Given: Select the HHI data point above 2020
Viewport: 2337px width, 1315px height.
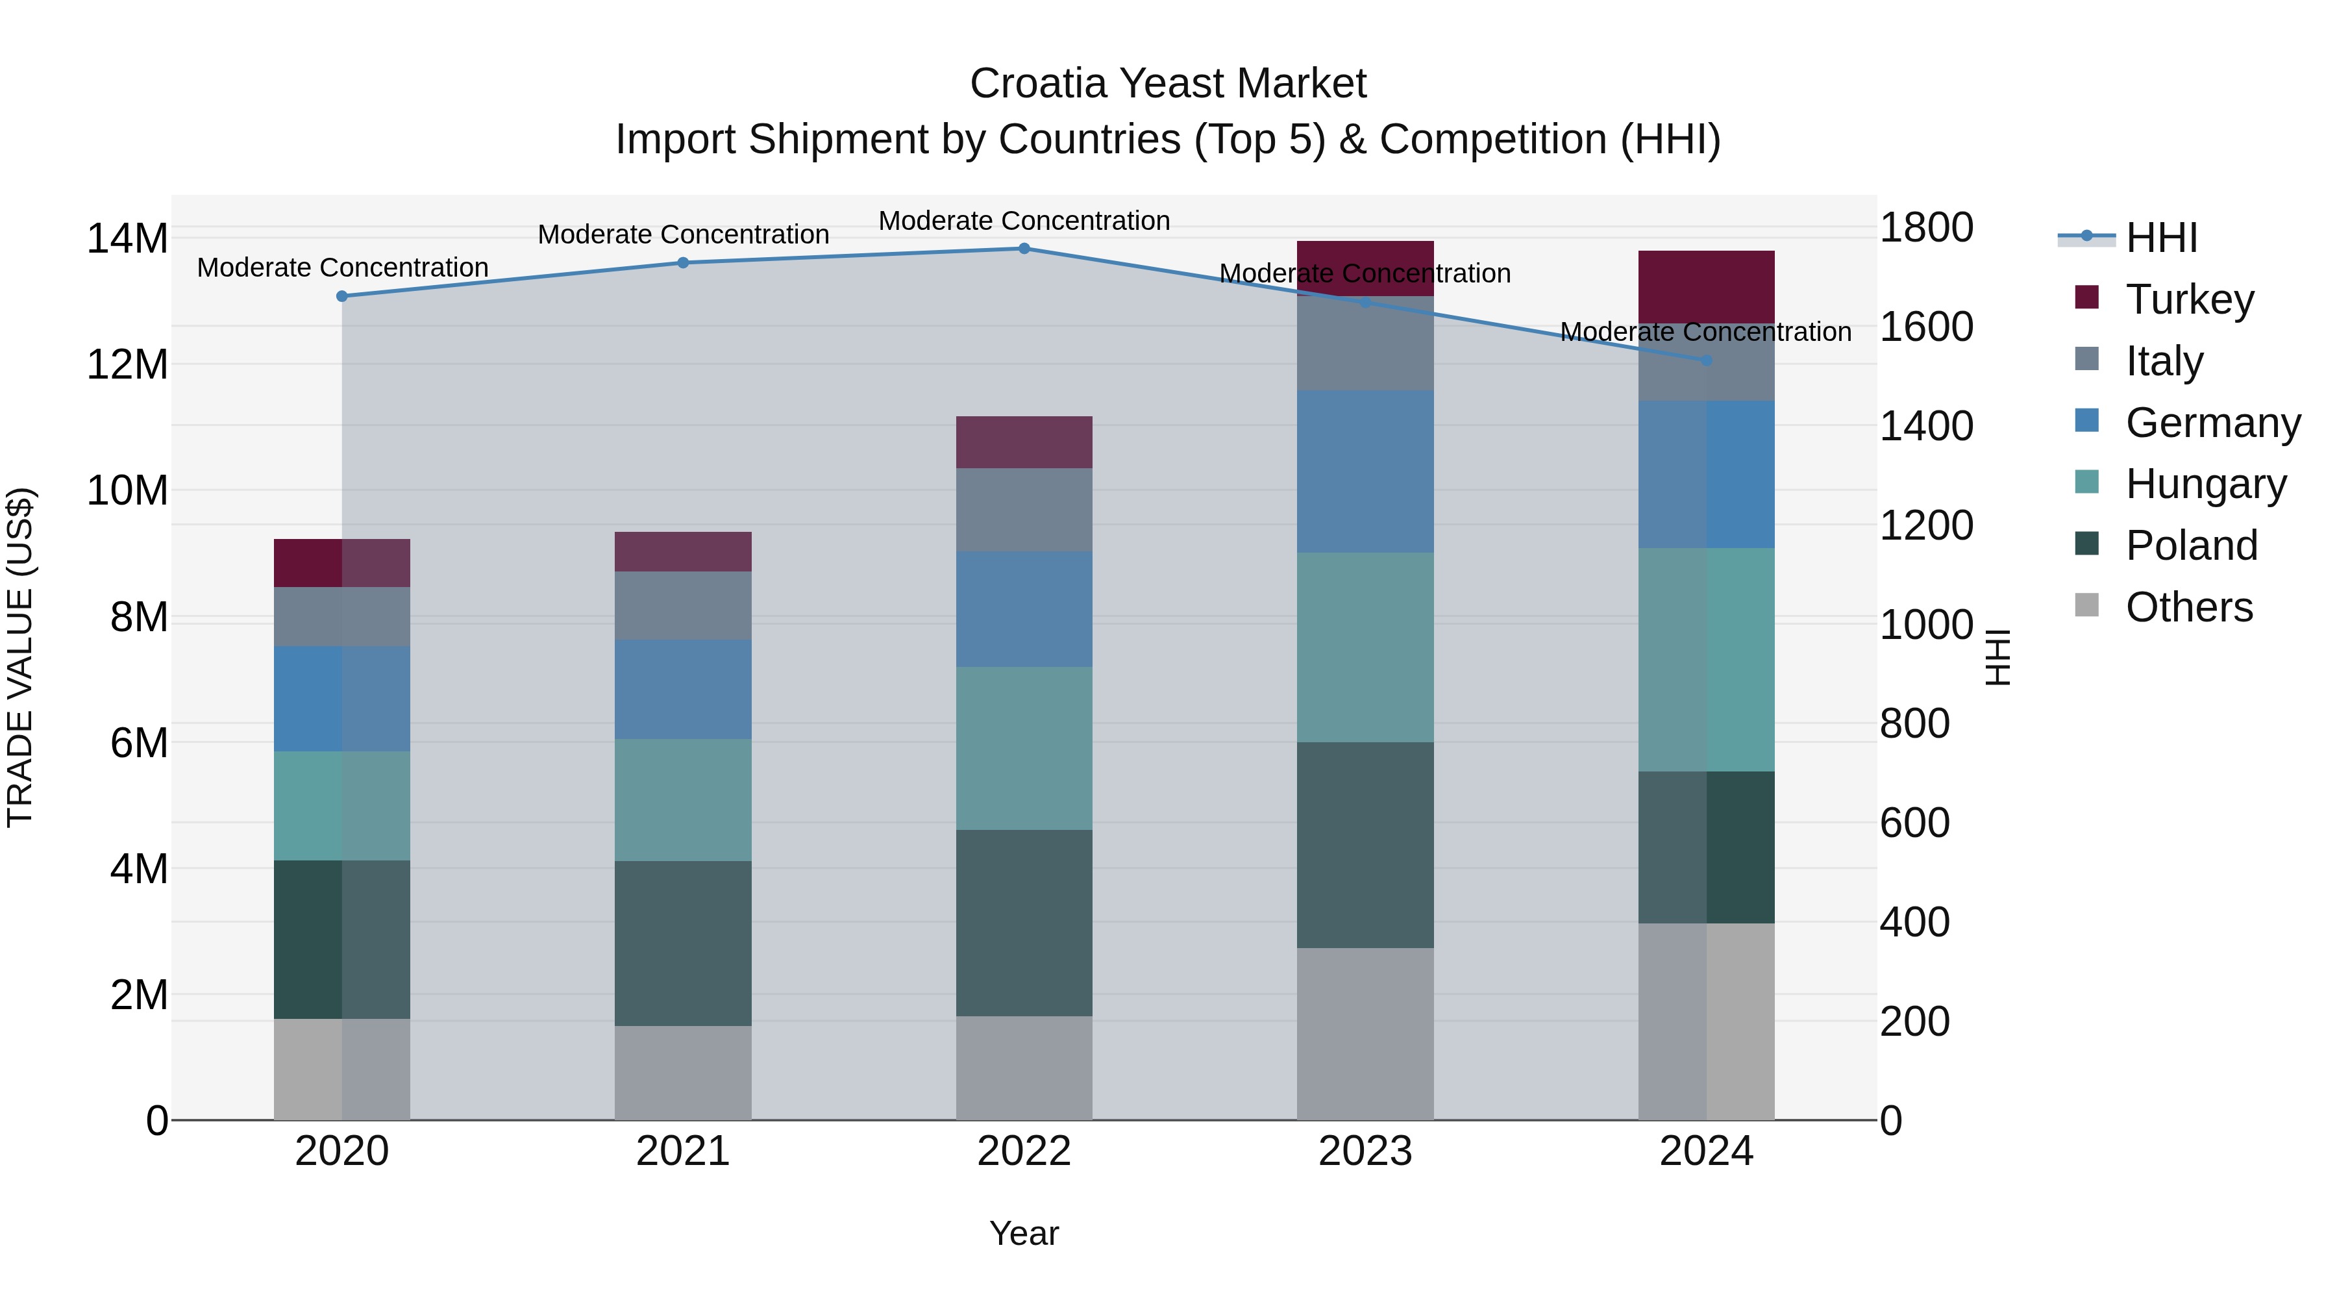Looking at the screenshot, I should [342, 297].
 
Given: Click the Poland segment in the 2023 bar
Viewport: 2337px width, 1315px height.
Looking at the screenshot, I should [1365, 845].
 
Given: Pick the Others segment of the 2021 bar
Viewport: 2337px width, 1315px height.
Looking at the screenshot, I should [682, 1073].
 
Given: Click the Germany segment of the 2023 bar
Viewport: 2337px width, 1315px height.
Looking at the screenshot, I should [1365, 472].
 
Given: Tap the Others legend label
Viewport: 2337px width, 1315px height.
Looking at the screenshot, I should [2188, 607].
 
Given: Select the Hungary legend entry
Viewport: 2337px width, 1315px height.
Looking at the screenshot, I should [2205, 484].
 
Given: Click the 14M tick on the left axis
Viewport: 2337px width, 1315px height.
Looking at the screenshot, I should [127, 239].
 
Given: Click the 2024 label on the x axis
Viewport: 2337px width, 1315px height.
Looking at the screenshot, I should [1705, 1151].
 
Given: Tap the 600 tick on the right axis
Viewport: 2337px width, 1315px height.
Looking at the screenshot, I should [1914, 823].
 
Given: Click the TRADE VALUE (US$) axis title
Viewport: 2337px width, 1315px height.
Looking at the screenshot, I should [20, 657].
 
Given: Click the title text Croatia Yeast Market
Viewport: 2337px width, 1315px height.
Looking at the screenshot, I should [1168, 84].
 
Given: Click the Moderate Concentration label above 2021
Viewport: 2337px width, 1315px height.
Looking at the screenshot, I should [683, 234].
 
